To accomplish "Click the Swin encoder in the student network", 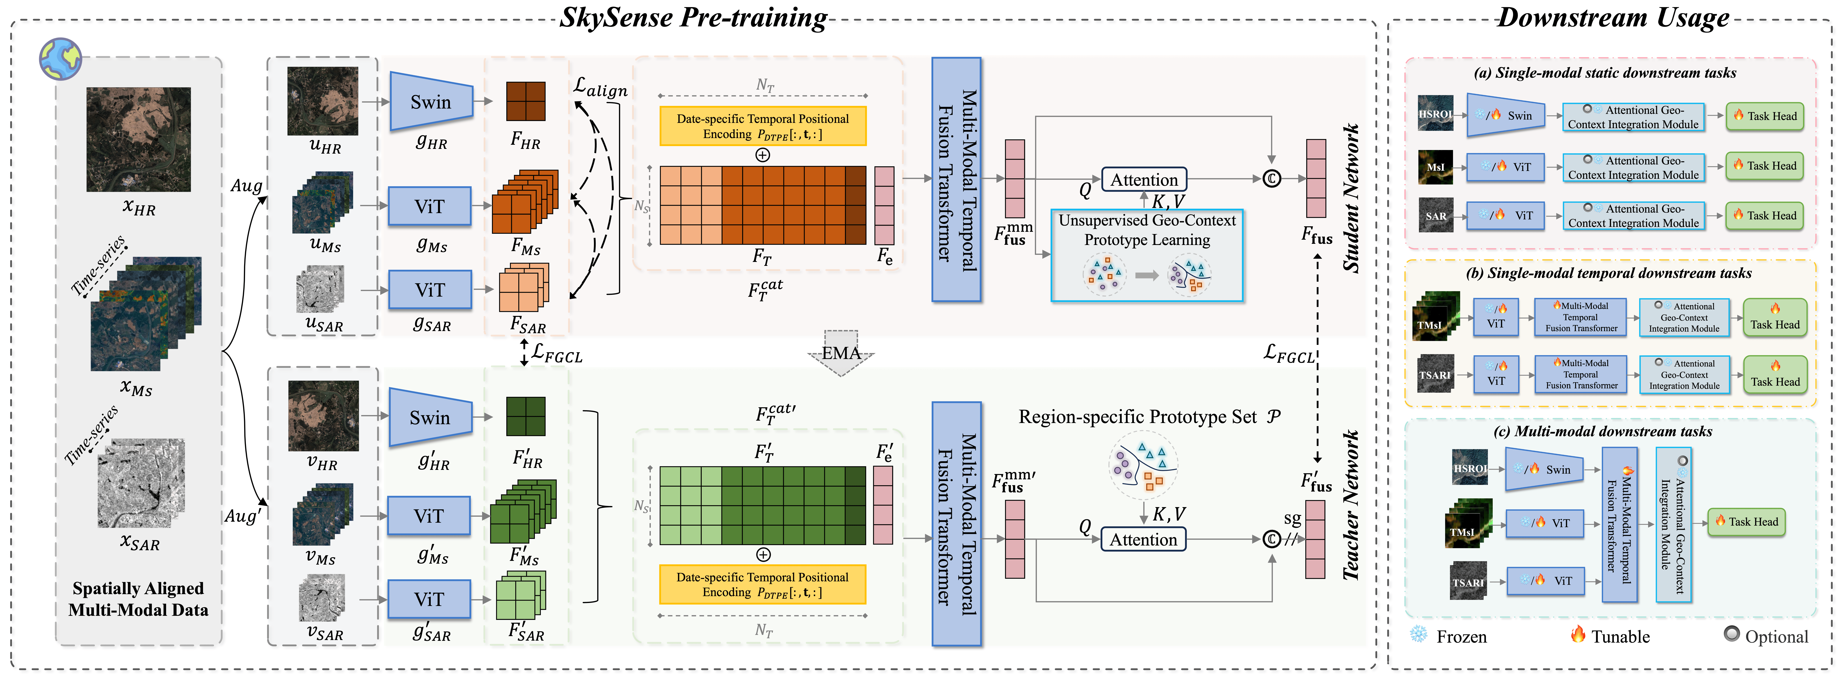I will point(431,102).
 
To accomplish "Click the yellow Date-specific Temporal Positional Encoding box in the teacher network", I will point(762,584).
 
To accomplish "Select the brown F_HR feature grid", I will point(526,101).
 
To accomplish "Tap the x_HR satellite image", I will point(139,139).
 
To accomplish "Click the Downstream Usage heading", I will point(1613,17).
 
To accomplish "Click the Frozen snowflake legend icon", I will point(1418,635).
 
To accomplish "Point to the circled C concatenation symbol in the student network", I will point(1271,179).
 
